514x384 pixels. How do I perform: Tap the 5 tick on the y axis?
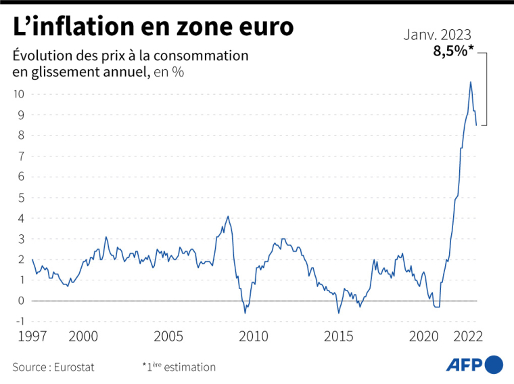[21, 198]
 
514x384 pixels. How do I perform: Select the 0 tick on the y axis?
[21, 301]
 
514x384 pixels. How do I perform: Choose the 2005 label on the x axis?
[168, 336]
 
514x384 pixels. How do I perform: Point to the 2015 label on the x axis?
[338, 336]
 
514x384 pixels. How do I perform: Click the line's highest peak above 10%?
[471, 82]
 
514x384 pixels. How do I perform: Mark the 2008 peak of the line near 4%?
[227, 216]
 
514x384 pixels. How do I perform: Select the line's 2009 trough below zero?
[245, 313]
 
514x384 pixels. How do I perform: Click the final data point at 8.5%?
[477, 125]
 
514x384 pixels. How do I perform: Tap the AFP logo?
[474, 364]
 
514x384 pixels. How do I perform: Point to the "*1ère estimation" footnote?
[179, 367]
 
